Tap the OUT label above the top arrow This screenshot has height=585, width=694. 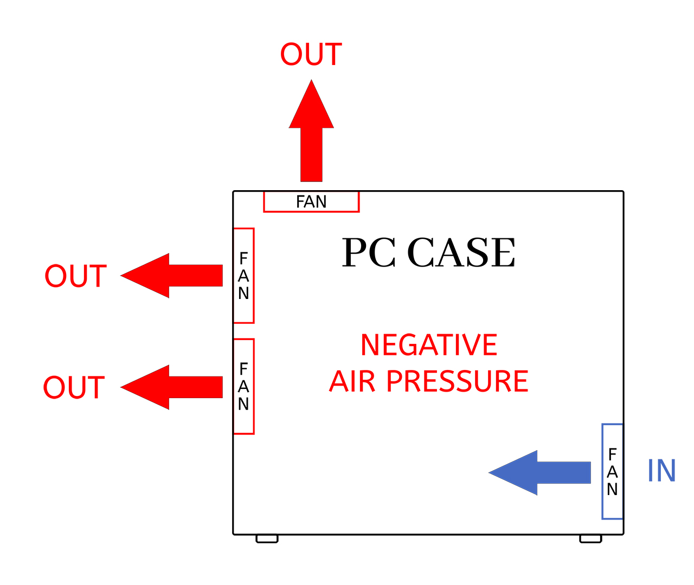click(x=311, y=55)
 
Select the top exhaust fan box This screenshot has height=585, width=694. click(x=311, y=201)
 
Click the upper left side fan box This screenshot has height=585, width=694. click(x=243, y=276)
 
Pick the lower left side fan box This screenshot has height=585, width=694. click(x=243, y=386)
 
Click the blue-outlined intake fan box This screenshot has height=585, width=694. click(x=612, y=471)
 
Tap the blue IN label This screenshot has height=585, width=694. click(x=661, y=471)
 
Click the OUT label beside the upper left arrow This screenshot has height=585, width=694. click(x=75, y=277)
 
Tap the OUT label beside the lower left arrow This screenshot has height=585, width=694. click(x=74, y=388)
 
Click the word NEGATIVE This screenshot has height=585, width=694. click(x=428, y=345)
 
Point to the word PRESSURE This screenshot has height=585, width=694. click(x=457, y=381)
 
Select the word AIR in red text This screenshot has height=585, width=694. click(x=352, y=381)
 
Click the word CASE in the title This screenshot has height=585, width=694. click(x=461, y=253)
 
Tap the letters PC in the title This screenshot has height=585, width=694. click(x=368, y=253)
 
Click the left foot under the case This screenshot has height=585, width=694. click(x=267, y=538)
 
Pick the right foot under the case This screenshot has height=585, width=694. click(x=590, y=538)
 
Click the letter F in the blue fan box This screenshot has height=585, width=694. click(x=613, y=454)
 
